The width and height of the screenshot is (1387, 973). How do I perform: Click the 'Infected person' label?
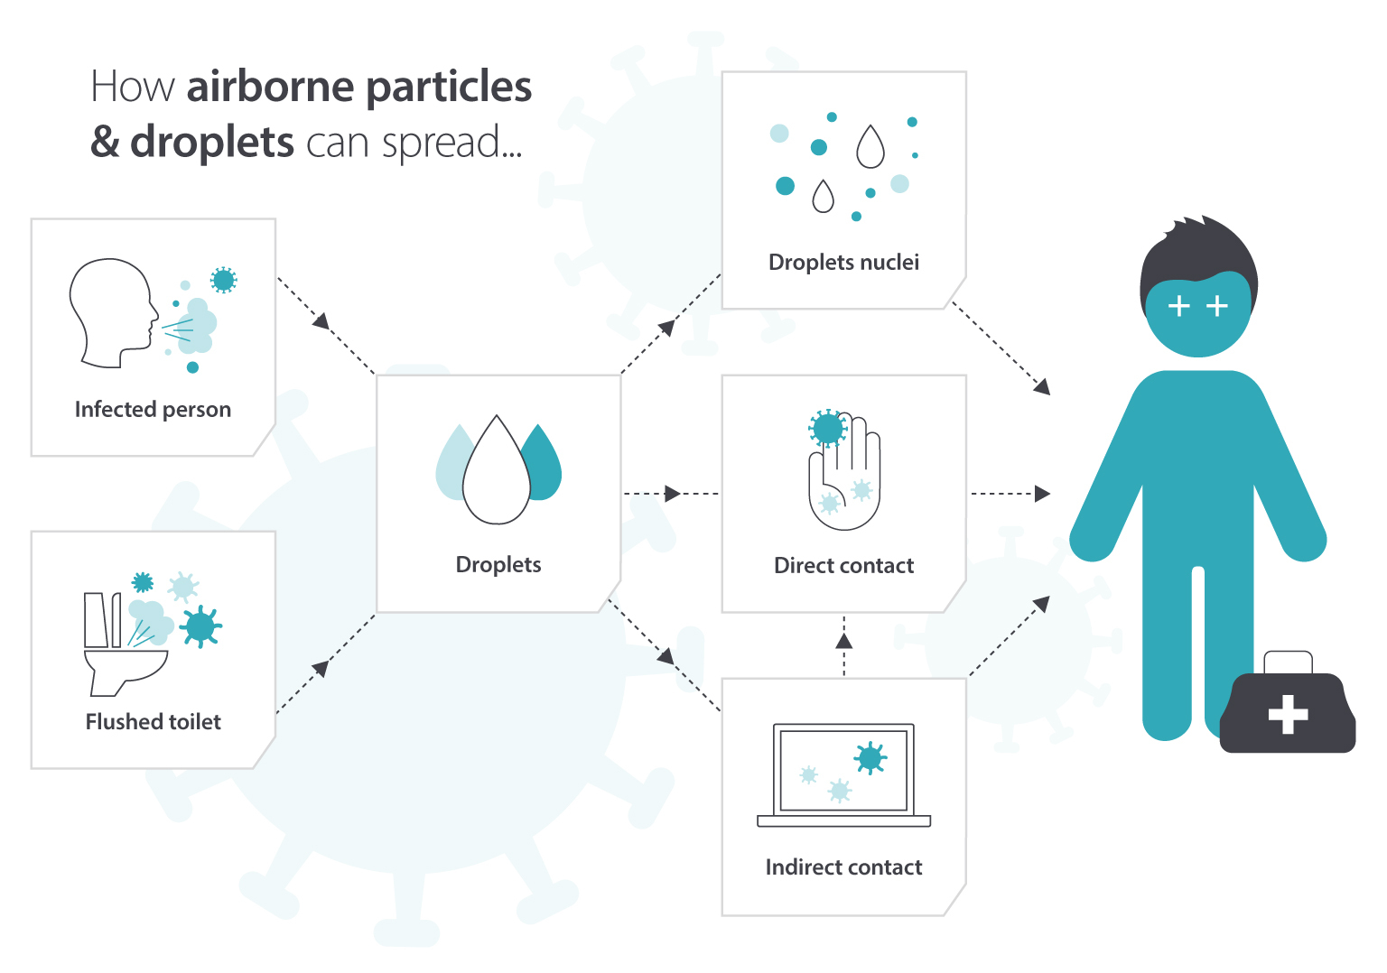click(153, 410)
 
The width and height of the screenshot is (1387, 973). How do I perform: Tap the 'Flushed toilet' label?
click(153, 722)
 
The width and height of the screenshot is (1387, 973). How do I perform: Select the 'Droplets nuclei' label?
click(843, 263)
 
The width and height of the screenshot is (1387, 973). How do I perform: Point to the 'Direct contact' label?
click(843, 566)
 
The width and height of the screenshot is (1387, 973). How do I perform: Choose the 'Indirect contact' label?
click(843, 867)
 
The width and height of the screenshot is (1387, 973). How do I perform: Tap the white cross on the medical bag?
click(1288, 714)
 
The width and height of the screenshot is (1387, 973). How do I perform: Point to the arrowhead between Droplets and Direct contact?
click(672, 494)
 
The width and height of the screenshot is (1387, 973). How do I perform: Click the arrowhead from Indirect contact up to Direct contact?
click(843, 641)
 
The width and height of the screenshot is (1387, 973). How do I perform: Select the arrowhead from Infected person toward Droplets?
click(321, 320)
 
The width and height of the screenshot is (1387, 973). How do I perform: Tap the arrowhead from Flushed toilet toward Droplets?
click(321, 668)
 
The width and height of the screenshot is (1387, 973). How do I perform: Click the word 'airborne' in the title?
click(270, 87)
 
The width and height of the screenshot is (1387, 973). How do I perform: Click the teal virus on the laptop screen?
click(870, 758)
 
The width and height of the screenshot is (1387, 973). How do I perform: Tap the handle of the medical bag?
click(1288, 662)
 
